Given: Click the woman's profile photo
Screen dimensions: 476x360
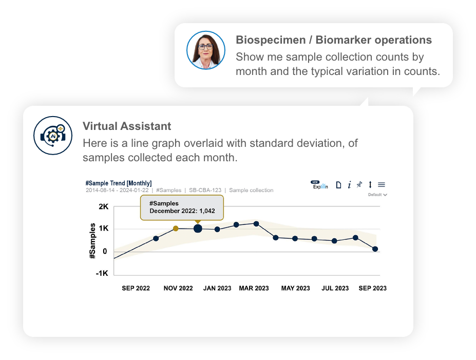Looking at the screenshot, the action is click(x=206, y=50).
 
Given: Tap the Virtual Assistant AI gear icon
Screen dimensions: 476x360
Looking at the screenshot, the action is click(x=53, y=136).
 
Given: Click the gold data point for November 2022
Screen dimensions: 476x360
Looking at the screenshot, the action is click(x=176, y=229).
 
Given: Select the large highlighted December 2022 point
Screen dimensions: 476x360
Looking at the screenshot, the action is click(x=198, y=229).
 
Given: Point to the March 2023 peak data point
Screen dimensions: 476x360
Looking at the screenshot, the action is click(x=256, y=224).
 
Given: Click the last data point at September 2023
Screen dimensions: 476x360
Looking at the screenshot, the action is click(x=375, y=249).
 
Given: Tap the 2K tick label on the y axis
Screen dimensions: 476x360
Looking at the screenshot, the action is click(x=104, y=207).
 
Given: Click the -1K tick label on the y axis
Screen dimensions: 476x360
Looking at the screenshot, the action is click(x=102, y=273).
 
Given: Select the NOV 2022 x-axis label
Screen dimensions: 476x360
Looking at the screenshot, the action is click(x=178, y=288).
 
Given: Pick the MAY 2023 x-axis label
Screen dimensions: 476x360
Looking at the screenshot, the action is click(x=295, y=288).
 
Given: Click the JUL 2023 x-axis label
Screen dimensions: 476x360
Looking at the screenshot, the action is click(x=335, y=288).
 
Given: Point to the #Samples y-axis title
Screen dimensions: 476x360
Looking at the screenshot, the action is click(x=92, y=241).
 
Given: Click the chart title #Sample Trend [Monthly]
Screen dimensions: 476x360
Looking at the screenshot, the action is click(x=119, y=183).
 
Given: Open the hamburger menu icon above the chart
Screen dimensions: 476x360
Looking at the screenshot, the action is click(x=382, y=184).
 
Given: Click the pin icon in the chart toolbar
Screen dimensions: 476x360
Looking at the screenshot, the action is click(x=359, y=184).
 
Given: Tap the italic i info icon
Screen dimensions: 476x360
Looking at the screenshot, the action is click(x=349, y=184).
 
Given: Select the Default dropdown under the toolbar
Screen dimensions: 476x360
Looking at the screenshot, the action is click(x=377, y=195).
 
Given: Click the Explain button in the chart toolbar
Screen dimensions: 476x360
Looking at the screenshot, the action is click(x=319, y=185).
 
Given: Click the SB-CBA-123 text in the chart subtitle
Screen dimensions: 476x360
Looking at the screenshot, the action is click(x=205, y=191).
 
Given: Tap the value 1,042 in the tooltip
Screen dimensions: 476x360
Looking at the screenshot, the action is click(x=207, y=211).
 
